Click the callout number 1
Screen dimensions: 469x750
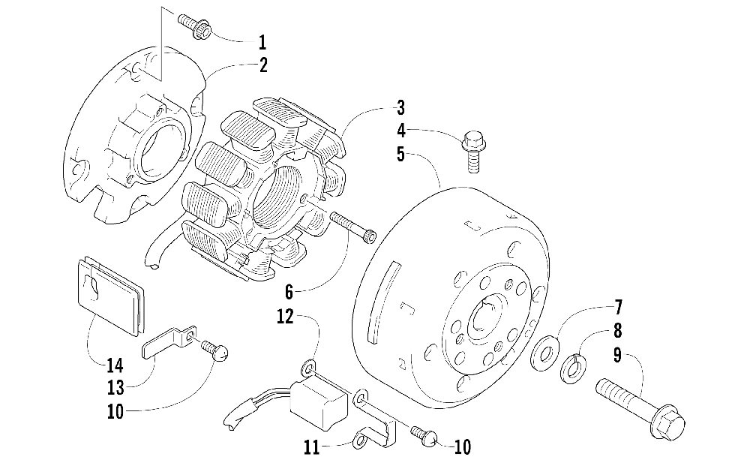pyautogui.click(x=262, y=41)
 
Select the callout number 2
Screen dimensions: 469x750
pyautogui.click(x=263, y=65)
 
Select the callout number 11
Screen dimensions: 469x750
pyautogui.click(x=313, y=448)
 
